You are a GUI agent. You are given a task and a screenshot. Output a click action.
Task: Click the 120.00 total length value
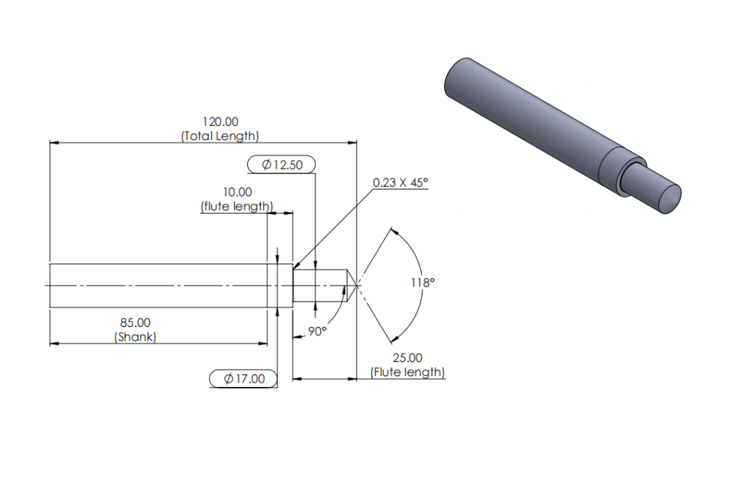tap(220, 122)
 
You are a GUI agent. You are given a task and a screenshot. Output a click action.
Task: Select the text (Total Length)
tap(220, 136)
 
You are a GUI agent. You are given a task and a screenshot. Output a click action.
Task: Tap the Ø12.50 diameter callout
tap(282, 164)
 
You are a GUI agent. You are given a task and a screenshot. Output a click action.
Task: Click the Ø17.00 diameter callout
tap(243, 378)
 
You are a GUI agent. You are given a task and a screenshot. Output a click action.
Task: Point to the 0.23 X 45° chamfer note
tap(400, 182)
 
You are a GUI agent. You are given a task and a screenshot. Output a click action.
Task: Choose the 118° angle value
tap(422, 282)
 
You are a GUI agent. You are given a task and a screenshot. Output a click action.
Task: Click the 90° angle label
tap(317, 331)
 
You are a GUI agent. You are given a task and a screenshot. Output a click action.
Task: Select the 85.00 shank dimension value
tap(135, 323)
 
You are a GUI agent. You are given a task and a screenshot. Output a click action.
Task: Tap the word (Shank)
tap(135, 337)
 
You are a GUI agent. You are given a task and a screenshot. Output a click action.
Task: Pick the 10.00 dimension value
tap(237, 192)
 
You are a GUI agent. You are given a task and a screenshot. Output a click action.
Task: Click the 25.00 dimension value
tap(407, 358)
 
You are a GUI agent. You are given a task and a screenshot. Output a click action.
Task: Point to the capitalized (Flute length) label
tap(407, 373)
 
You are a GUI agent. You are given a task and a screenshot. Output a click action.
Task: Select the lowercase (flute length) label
tap(237, 207)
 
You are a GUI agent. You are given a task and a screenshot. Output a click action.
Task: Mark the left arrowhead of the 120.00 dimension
tap(54, 142)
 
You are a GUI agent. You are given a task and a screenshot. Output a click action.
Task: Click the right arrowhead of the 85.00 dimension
tap(263, 343)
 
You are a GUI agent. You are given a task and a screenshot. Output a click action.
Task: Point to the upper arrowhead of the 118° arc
tap(394, 231)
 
